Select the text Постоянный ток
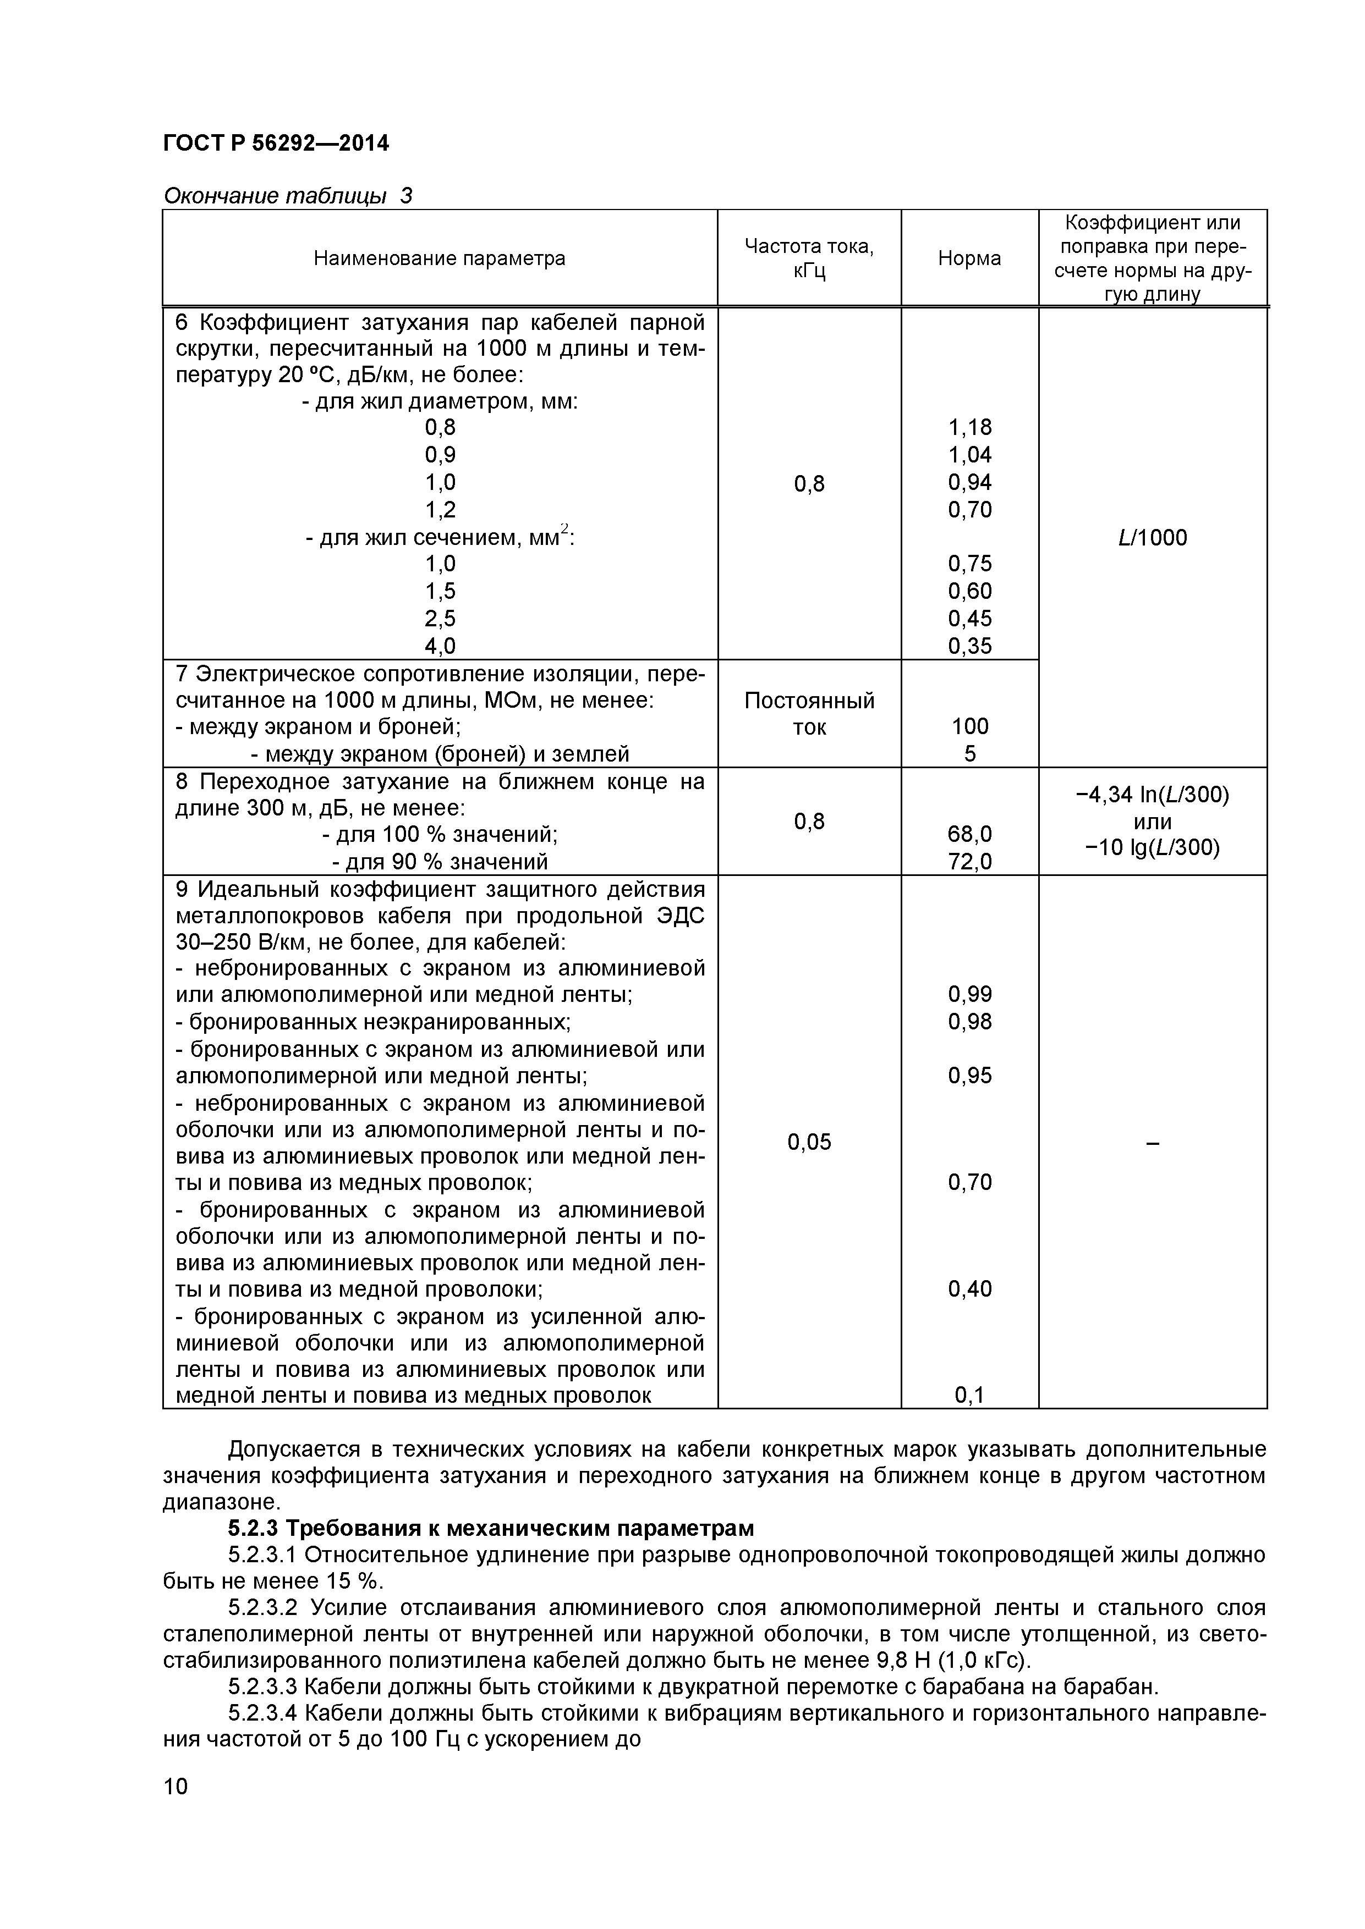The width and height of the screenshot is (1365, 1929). pos(809,713)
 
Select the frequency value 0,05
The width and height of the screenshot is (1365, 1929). pos(809,1142)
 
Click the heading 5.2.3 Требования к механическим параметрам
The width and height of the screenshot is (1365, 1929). pos(491,1528)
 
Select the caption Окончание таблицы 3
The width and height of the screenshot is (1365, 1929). pos(287,196)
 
